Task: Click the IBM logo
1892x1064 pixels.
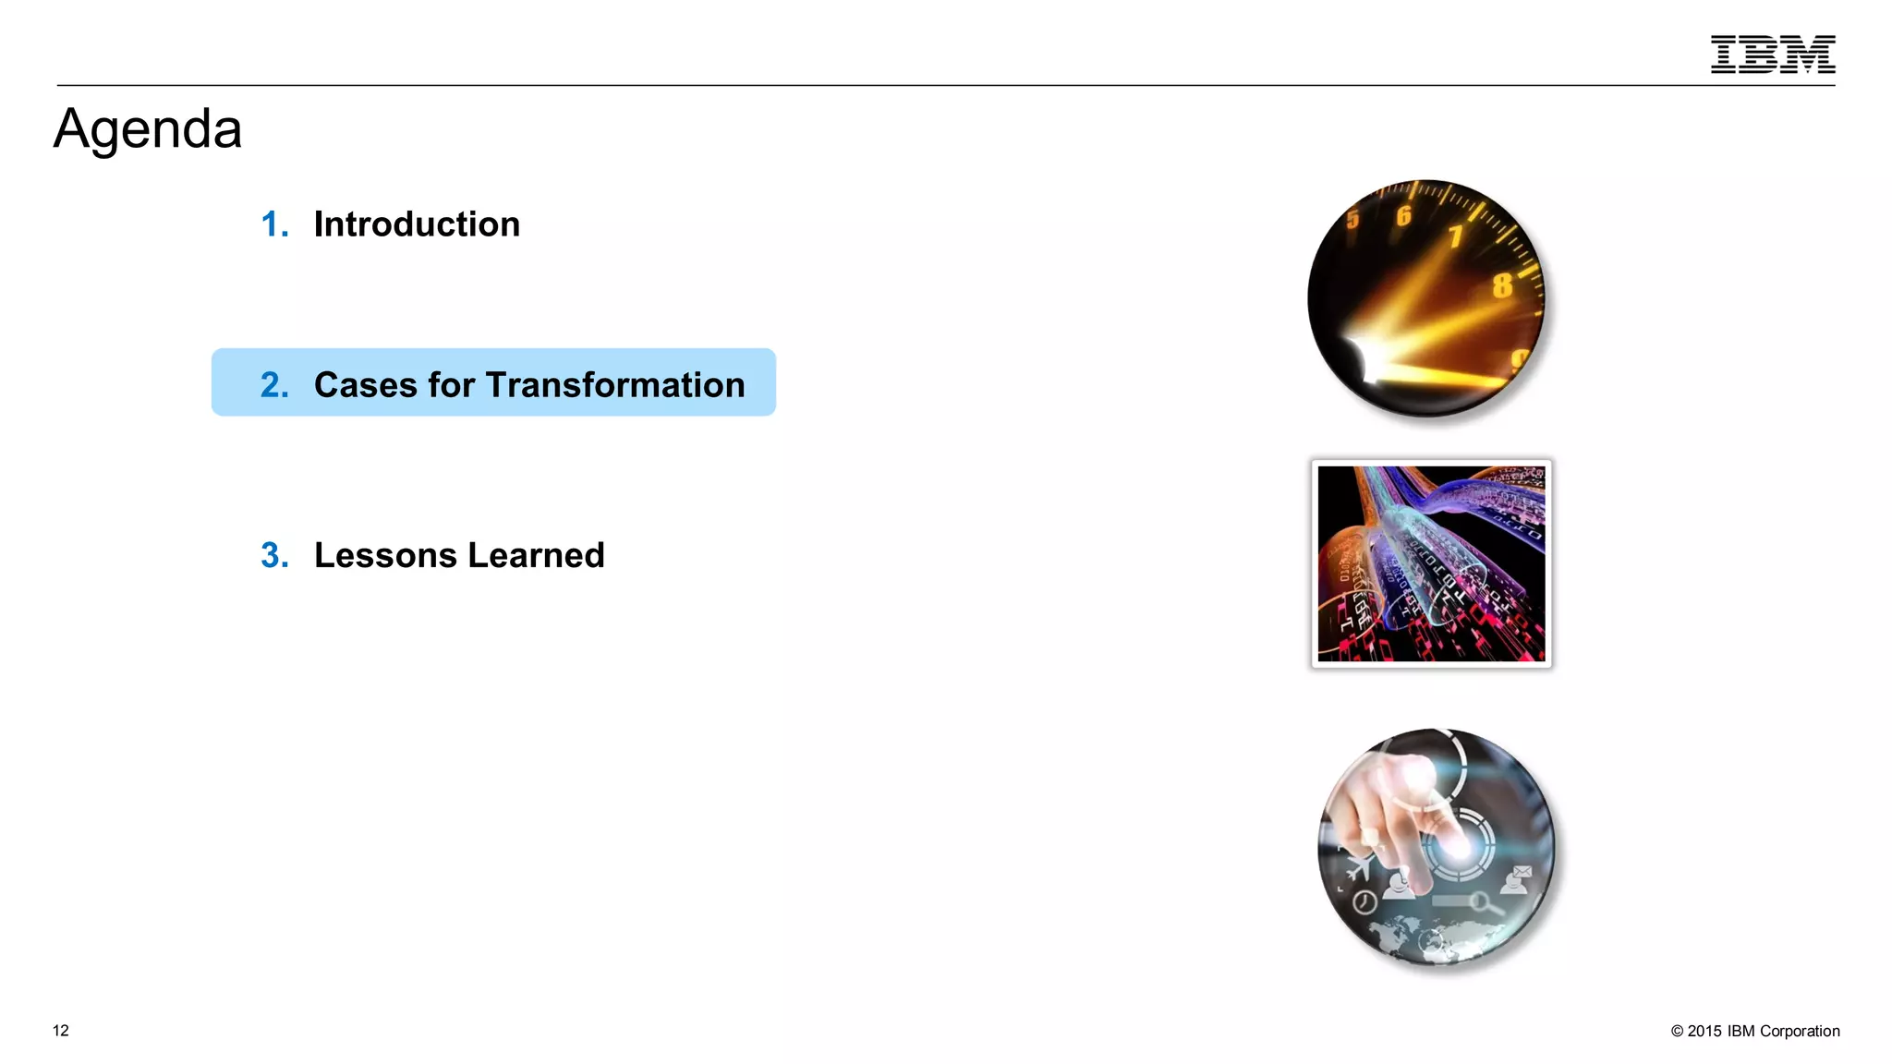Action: pos(1772,54)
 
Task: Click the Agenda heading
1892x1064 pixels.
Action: pos(148,129)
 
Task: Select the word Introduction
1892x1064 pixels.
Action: pos(417,224)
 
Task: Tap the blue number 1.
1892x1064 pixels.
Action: pos(274,224)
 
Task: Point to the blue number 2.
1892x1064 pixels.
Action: pos(274,385)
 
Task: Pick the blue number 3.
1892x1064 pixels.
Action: pos(274,555)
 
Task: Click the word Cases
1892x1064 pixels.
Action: pos(365,385)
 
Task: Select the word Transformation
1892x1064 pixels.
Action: pos(614,385)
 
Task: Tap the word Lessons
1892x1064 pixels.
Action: pos(385,555)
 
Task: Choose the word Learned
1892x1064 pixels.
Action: pos(536,555)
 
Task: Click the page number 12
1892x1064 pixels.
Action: pos(61,1031)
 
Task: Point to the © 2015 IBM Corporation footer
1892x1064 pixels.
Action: pos(1755,1031)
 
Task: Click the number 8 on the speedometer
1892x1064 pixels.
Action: pos(1503,285)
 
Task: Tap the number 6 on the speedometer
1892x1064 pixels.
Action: pos(1404,216)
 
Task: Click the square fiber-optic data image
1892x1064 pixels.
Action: pos(1431,563)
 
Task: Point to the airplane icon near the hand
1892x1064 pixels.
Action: pos(1359,869)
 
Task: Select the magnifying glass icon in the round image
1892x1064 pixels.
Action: pos(1484,902)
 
